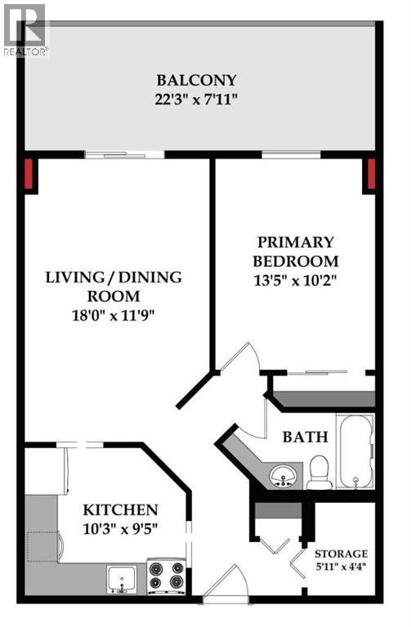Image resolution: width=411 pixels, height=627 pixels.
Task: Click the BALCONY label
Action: click(x=197, y=80)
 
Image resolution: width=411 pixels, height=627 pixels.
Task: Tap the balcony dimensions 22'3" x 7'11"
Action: click(x=197, y=100)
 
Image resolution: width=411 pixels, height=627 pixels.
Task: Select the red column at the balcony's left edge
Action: click(x=30, y=174)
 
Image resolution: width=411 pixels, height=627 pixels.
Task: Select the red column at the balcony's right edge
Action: click(x=369, y=174)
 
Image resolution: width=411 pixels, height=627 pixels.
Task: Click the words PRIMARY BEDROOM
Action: click(x=295, y=251)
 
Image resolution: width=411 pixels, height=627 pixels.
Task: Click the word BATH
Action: click(x=305, y=437)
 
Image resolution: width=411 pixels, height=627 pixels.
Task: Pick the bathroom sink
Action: click(x=284, y=473)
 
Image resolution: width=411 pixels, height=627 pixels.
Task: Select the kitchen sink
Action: click(x=124, y=577)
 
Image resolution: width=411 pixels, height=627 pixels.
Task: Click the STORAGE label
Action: click(x=342, y=554)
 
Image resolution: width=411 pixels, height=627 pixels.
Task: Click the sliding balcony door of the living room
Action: click(x=123, y=154)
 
